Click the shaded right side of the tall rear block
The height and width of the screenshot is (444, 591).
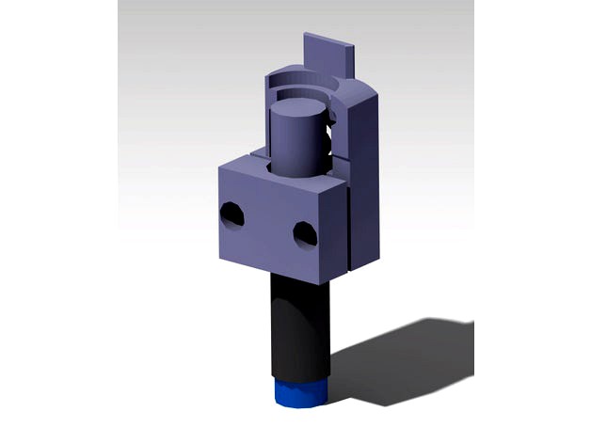[x=368, y=179]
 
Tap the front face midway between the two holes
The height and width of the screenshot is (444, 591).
[x=268, y=225]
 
